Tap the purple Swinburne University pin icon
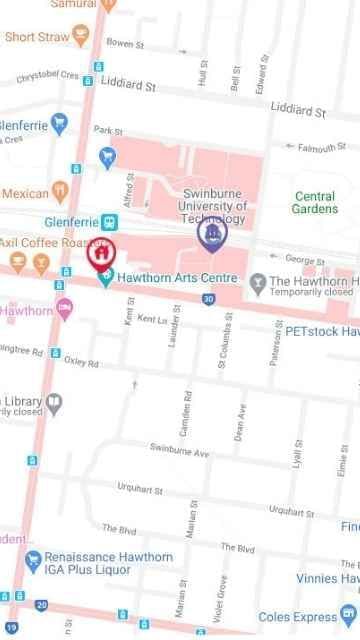pyautogui.click(x=211, y=234)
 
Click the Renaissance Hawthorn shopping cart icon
pyautogui.click(x=33, y=557)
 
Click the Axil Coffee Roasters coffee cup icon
pyautogui.click(x=41, y=262)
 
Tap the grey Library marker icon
pyautogui.click(x=56, y=402)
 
